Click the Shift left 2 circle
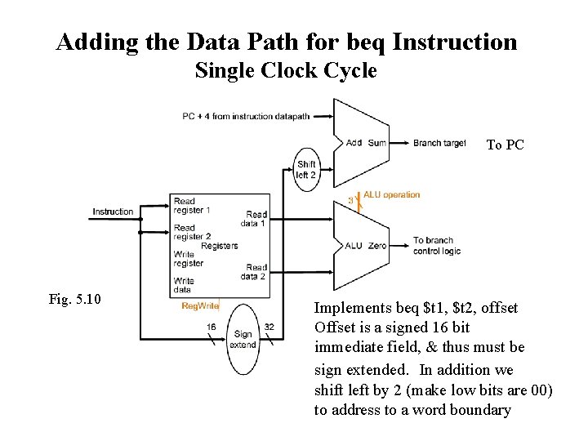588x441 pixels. coord(306,170)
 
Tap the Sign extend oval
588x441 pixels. coord(243,339)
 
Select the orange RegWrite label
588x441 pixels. coord(200,306)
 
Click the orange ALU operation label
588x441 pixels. coord(391,194)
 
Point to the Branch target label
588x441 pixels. coord(439,143)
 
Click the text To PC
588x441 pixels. coord(505,145)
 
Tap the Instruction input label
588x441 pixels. coord(113,212)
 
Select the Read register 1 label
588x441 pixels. coord(191,206)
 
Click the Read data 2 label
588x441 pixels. coord(256,272)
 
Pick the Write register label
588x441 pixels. coord(189,259)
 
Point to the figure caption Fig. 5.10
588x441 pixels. coord(74,300)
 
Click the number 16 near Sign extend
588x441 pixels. coord(211,327)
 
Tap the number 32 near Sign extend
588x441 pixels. coord(269,327)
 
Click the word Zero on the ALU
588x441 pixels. coord(377,245)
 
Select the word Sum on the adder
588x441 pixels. coord(377,143)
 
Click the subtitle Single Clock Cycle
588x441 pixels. coord(286,71)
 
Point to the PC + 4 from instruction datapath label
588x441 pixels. coord(246,116)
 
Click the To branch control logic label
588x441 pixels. coord(436,245)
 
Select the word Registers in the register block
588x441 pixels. coord(220,245)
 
